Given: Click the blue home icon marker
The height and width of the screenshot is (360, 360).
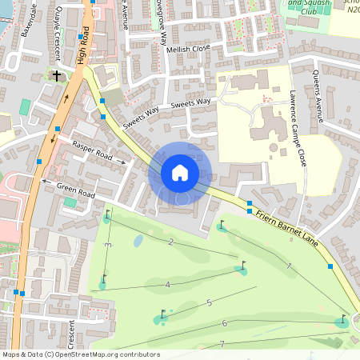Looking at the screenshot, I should (180, 173).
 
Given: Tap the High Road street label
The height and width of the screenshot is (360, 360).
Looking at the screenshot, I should (83, 45).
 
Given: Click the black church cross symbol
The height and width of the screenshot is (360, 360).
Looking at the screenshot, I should (56, 75).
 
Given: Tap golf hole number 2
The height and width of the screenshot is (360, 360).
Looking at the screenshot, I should (171, 241).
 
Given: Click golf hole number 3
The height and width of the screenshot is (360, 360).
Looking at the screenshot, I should (107, 244).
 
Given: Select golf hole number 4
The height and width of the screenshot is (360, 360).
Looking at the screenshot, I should (167, 285).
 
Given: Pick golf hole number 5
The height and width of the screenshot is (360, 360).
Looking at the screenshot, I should (209, 302).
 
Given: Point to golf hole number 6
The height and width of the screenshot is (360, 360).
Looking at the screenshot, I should (225, 323).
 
